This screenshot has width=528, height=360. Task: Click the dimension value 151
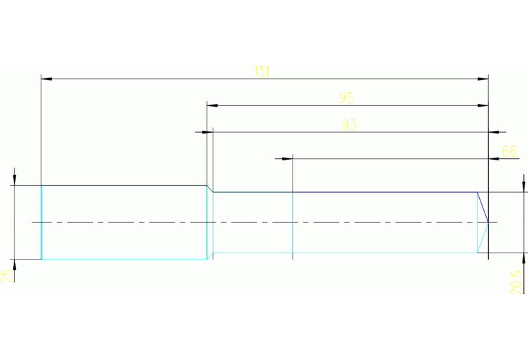(261, 72)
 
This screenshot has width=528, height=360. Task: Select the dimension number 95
(346, 98)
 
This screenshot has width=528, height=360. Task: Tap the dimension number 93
(349, 125)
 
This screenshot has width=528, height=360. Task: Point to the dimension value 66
(509, 151)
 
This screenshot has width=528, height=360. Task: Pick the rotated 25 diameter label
(6, 275)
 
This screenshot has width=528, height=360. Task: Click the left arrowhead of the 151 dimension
(46, 79)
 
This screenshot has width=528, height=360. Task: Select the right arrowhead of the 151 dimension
(483, 79)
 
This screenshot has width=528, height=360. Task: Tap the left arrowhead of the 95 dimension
(212, 105)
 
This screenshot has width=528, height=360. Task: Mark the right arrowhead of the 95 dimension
(483, 105)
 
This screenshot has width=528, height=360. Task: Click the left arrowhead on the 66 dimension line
(288, 158)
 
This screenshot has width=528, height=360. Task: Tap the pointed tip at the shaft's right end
(488, 222)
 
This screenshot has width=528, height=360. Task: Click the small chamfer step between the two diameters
(210, 189)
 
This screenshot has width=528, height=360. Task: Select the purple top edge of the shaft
(386, 192)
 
